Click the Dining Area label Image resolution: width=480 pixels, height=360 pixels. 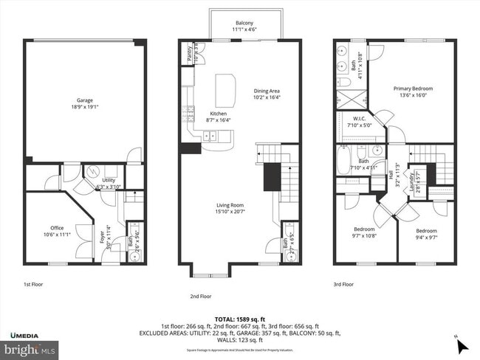click(267, 91)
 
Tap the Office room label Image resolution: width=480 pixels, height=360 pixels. click(57, 227)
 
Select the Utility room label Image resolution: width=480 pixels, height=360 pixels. click(108, 179)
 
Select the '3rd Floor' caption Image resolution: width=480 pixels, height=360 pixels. click(343, 283)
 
